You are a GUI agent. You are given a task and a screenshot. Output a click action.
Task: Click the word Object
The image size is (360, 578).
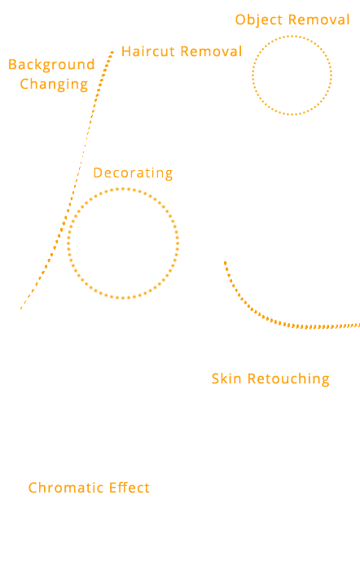[x=259, y=20]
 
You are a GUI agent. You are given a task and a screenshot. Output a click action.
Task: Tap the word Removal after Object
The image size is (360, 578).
[x=319, y=20]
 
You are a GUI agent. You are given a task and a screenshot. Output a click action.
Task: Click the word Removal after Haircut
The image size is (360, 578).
[x=211, y=51]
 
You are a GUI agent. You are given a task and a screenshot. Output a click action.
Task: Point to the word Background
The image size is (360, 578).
[x=51, y=65]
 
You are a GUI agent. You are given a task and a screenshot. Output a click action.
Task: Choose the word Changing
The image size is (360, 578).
[x=54, y=85]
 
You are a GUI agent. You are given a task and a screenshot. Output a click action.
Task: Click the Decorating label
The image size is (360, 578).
[x=133, y=173]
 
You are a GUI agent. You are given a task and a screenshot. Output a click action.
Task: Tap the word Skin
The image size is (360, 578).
[x=226, y=379]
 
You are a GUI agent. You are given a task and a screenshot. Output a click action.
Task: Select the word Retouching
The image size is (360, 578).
[x=288, y=379]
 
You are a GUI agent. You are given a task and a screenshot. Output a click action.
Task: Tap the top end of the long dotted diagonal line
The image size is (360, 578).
[x=112, y=52]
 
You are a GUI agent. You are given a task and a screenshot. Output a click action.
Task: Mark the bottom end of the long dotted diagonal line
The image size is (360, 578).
[x=21, y=309]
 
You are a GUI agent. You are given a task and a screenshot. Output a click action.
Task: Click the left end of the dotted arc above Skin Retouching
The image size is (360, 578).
[x=225, y=262]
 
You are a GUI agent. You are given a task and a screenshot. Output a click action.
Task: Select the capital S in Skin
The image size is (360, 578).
[x=216, y=379]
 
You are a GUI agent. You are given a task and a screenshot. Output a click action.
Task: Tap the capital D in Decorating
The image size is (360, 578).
[x=98, y=173]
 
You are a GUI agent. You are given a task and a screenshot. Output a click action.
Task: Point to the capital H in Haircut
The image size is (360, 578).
[x=126, y=51]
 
